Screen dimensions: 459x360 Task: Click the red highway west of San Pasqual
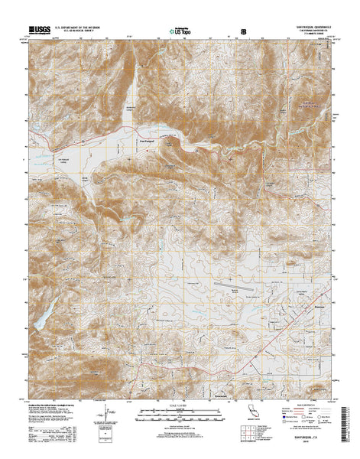coord(92,142)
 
